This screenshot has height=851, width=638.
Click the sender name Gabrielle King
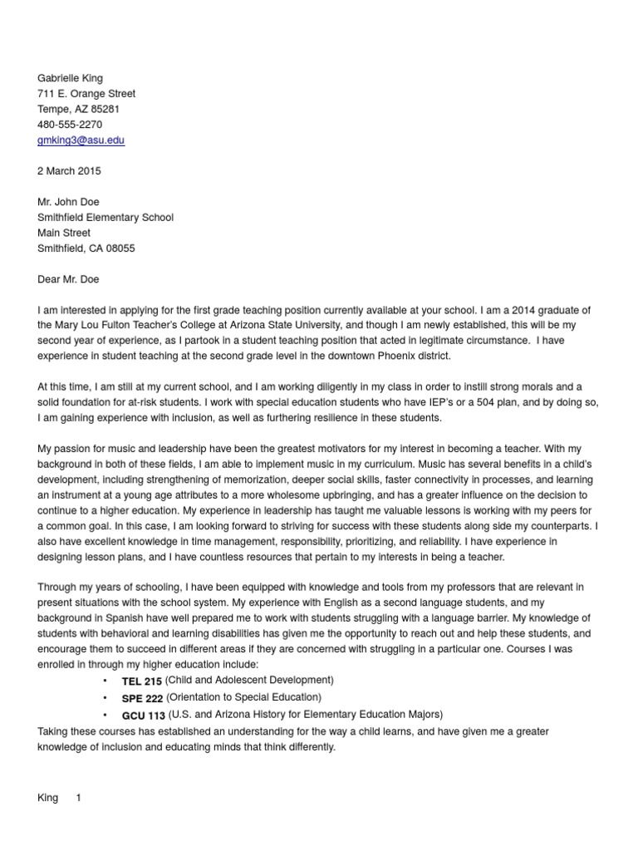pyautogui.click(x=71, y=78)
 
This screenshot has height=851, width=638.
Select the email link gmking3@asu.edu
pyautogui.click(x=81, y=140)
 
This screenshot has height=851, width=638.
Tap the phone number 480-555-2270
pyautogui.click(x=70, y=125)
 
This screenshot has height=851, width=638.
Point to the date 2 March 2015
pyautogui.click(x=69, y=171)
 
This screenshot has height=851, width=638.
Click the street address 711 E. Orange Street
pyautogui.click(x=86, y=94)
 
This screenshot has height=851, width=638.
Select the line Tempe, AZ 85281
pyautogui.click(x=79, y=109)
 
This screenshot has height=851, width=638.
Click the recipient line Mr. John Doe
pyautogui.click(x=69, y=202)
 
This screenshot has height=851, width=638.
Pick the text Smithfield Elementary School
pyautogui.click(x=106, y=218)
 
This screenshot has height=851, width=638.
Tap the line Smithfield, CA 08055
pyautogui.click(x=86, y=248)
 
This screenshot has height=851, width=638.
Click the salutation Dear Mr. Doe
pyautogui.click(x=68, y=279)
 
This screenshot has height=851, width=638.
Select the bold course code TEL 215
pyautogui.click(x=142, y=681)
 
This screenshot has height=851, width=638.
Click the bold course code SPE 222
pyautogui.click(x=142, y=698)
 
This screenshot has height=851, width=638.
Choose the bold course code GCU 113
pyautogui.click(x=143, y=715)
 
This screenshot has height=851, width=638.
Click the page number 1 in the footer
pyautogui.click(x=79, y=798)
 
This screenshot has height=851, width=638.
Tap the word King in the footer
pyautogui.click(x=47, y=798)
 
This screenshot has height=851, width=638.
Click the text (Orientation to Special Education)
pyautogui.click(x=243, y=697)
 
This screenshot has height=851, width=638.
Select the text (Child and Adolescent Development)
pyautogui.click(x=249, y=681)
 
